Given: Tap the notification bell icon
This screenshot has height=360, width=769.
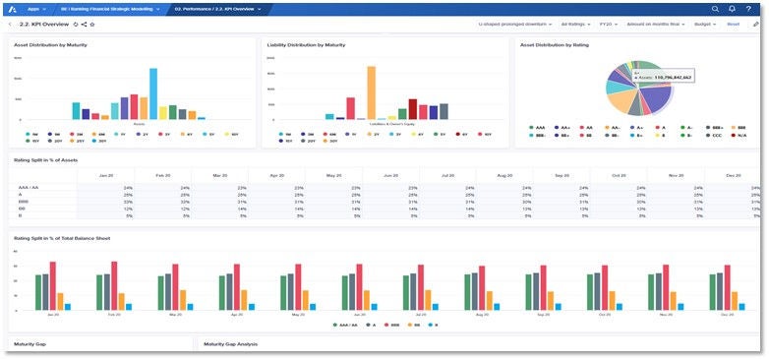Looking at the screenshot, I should pyautogui.click(x=731, y=8).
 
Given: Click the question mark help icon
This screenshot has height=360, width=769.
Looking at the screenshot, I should pyautogui.click(x=748, y=8).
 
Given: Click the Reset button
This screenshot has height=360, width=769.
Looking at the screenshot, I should pyautogui.click(x=733, y=23).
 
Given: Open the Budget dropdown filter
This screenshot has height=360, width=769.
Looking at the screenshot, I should pyautogui.click(x=705, y=23).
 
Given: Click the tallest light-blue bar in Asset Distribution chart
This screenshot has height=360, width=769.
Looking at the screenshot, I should pyautogui.click(x=153, y=92).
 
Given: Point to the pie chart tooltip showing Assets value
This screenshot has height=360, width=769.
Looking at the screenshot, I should pyautogui.click(x=664, y=75).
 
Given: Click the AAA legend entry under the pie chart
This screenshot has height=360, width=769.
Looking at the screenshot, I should pyautogui.click(x=538, y=127).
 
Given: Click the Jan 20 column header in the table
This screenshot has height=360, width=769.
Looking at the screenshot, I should pyautogui.click(x=104, y=174).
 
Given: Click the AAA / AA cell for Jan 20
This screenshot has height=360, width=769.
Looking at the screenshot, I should pyautogui.click(x=127, y=187).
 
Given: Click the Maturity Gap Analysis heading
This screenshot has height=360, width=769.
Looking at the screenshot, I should pyautogui.click(x=231, y=344).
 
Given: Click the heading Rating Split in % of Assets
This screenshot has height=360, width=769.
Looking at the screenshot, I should pyautogui.click(x=46, y=159).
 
